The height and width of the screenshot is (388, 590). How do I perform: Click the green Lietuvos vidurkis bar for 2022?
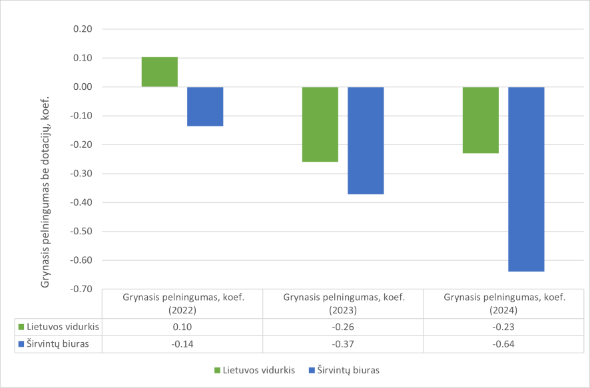pyautogui.click(x=160, y=72)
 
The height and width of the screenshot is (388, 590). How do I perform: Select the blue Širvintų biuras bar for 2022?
pyautogui.click(x=205, y=106)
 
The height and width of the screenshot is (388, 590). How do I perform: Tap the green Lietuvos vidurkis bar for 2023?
pyautogui.click(x=320, y=124)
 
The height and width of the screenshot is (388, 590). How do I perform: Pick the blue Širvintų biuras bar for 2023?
pyautogui.click(x=366, y=140)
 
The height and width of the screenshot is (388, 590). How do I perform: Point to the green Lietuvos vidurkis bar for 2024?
pyautogui.click(x=481, y=120)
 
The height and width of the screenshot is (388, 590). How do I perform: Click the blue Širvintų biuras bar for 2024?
pyautogui.click(x=526, y=179)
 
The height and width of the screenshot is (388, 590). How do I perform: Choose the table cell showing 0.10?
pyautogui.click(x=183, y=327)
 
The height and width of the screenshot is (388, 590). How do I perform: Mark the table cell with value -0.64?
pyautogui.click(x=504, y=344)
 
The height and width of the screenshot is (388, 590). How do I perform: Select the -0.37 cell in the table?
pyautogui.click(x=344, y=344)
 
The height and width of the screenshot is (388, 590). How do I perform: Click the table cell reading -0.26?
pyautogui.click(x=344, y=327)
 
